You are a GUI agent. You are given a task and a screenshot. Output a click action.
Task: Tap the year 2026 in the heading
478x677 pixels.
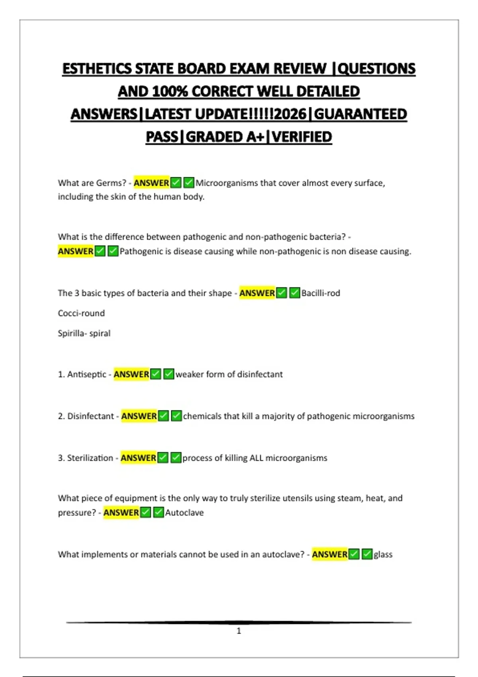(x=290, y=114)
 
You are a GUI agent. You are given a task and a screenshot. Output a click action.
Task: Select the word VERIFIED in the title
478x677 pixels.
(x=302, y=137)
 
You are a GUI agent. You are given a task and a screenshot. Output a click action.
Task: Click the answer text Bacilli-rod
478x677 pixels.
(x=321, y=293)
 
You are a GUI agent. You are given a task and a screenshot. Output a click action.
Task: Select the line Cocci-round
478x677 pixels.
(x=81, y=313)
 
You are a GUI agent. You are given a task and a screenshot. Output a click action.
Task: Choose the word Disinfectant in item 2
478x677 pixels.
(x=90, y=416)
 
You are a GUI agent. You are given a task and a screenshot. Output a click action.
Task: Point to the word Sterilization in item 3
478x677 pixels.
(x=90, y=458)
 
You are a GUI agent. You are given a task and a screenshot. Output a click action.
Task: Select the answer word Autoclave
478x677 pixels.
(x=184, y=513)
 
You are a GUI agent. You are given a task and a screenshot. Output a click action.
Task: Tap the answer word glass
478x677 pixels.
(x=383, y=554)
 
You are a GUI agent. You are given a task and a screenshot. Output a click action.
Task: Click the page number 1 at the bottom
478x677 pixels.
(x=239, y=631)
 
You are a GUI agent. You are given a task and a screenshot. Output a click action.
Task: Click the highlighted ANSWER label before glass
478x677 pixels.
(x=330, y=554)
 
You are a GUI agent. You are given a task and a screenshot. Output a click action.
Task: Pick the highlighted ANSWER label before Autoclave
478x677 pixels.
(x=121, y=513)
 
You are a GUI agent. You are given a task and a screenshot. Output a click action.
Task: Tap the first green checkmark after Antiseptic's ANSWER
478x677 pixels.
(x=156, y=374)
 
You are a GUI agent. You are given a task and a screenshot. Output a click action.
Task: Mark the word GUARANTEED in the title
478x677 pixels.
(x=360, y=114)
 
